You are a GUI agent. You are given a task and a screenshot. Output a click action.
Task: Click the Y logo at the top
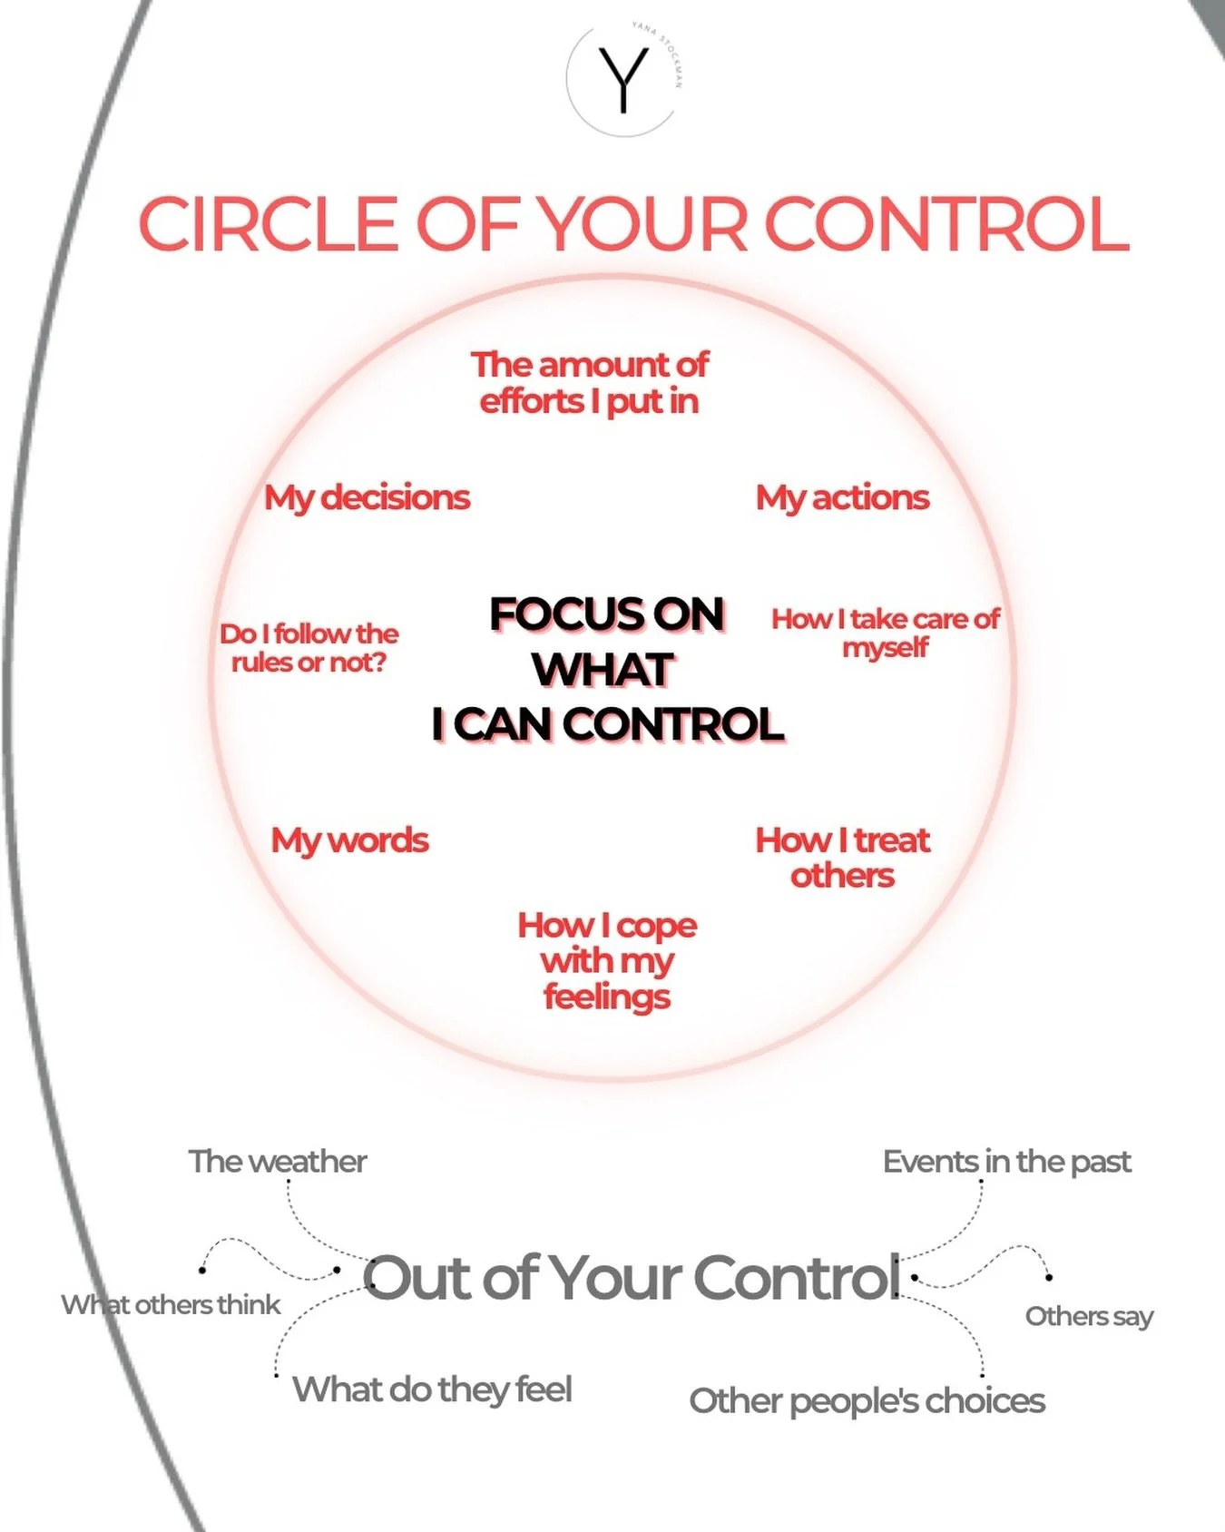coord(623,80)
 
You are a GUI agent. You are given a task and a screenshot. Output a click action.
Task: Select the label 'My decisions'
coord(367,497)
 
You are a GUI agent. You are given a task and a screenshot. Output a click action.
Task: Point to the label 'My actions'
coord(842,497)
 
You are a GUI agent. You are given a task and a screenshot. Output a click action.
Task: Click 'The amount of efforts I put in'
coord(589,382)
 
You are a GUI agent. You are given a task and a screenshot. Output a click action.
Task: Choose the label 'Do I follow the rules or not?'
coord(309,647)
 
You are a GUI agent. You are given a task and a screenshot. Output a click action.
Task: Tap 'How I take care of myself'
coord(885,633)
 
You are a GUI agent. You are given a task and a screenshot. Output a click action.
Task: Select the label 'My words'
coord(349,840)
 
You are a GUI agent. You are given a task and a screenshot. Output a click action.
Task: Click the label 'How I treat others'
coord(842,858)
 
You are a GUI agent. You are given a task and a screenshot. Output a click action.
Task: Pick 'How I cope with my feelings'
coord(607,960)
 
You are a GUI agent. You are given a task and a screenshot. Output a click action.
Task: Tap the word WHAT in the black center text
coord(603,670)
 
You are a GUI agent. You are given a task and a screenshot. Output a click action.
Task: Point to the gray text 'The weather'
coord(277,1162)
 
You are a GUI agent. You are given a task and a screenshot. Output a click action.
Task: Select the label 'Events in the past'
coord(1006,1162)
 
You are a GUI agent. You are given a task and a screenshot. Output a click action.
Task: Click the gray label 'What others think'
coord(171,1305)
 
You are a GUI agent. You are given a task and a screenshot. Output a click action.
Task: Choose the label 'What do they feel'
coord(432,1390)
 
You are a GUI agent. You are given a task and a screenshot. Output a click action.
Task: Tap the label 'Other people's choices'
coord(867,1401)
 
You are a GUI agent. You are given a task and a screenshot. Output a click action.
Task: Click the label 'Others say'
coord(1089,1316)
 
